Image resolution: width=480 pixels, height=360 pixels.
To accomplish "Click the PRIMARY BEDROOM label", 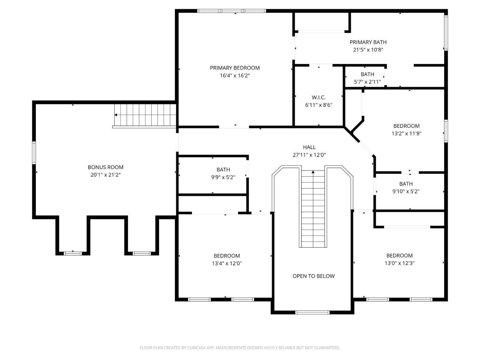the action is click(235, 68).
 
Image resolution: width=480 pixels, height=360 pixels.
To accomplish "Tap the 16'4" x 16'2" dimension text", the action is click(235, 76).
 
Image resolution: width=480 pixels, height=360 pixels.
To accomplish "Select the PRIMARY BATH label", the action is click(368, 42).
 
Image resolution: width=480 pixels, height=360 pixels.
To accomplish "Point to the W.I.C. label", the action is click(319, 98).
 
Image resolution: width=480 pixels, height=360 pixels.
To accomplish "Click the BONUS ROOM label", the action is click(105, 167).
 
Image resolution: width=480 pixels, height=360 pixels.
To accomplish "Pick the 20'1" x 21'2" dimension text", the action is click(105, 175).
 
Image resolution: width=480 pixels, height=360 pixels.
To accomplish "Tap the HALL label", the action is click(309, 147).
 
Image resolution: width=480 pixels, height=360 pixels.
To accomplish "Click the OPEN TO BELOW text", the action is click(313, 276).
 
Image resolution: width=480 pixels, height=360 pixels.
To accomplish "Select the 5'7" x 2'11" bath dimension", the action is click(367, 82).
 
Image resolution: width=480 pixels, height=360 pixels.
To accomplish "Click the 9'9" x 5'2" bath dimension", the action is click(223, 177).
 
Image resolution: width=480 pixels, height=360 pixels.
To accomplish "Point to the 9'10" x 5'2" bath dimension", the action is click(406, 191).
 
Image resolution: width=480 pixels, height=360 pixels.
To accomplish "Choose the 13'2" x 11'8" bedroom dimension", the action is click(406, 133).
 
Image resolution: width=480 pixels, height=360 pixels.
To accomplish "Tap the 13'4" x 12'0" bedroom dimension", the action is click(227, 263).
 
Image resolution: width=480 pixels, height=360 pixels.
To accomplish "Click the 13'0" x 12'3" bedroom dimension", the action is click(399, 263).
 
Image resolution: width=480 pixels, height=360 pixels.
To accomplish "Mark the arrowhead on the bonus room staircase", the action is click(116, 115).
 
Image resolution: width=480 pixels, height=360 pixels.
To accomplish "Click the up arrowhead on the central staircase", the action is click(313, 172).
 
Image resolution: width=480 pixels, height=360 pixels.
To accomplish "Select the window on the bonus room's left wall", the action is click(34, 153).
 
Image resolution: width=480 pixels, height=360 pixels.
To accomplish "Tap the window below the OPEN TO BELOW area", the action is click(312, 313).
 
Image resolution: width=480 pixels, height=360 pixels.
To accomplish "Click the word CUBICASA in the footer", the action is click(196, 348).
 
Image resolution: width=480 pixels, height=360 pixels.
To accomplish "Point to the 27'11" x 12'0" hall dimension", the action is click(309, 155).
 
